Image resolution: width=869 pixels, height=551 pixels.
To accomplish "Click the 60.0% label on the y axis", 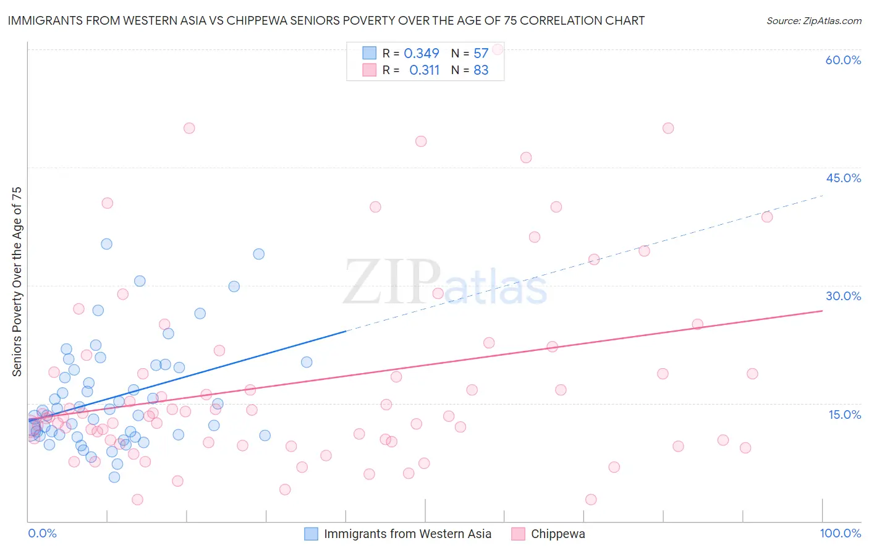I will click(x=843, y=60).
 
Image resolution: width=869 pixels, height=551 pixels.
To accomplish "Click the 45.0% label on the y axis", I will click(x=843, y=178).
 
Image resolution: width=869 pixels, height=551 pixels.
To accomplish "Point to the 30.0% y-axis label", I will click(x=843, y=296).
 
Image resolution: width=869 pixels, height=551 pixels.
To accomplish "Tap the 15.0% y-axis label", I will click(x=844, y=414).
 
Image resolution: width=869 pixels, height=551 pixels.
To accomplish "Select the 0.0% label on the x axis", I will click(x=42, y=533).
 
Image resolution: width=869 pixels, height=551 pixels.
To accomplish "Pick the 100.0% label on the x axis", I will click(x=840, y=533).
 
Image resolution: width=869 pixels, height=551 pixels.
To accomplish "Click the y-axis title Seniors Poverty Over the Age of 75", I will click(x=17, y=281).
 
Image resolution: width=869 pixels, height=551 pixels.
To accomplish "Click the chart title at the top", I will click(x=326, y=20).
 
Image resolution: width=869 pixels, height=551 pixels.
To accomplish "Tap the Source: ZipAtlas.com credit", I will click(x=813, y=20).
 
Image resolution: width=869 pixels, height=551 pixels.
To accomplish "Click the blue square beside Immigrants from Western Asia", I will click(x=312, y=534).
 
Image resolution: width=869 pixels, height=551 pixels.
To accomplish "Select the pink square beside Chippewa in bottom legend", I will click(x=518, y=534).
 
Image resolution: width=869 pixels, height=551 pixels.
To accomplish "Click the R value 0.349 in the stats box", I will click(x=422, y=54).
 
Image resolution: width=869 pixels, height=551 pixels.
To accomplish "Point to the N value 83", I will click(x=481, y=70).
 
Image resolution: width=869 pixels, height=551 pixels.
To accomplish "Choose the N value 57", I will click(x=481, y=54).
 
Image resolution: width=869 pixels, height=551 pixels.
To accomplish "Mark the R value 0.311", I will click(x=424, y=70).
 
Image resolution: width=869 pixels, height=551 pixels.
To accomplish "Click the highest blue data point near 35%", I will click(x=106, y=244).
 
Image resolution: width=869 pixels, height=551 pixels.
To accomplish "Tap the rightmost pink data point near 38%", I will click(x=767, y=217).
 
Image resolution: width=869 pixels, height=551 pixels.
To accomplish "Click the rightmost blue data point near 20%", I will click(x=307, y=362).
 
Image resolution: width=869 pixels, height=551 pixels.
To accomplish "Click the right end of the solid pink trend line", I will click(x=822, y=311).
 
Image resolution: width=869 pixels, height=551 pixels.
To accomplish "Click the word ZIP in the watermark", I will click(x=392, y=283).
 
